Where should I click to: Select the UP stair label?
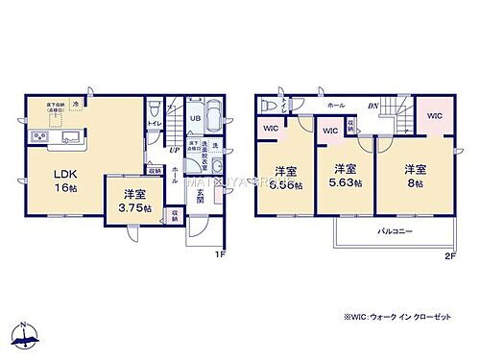tap(172, 151)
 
